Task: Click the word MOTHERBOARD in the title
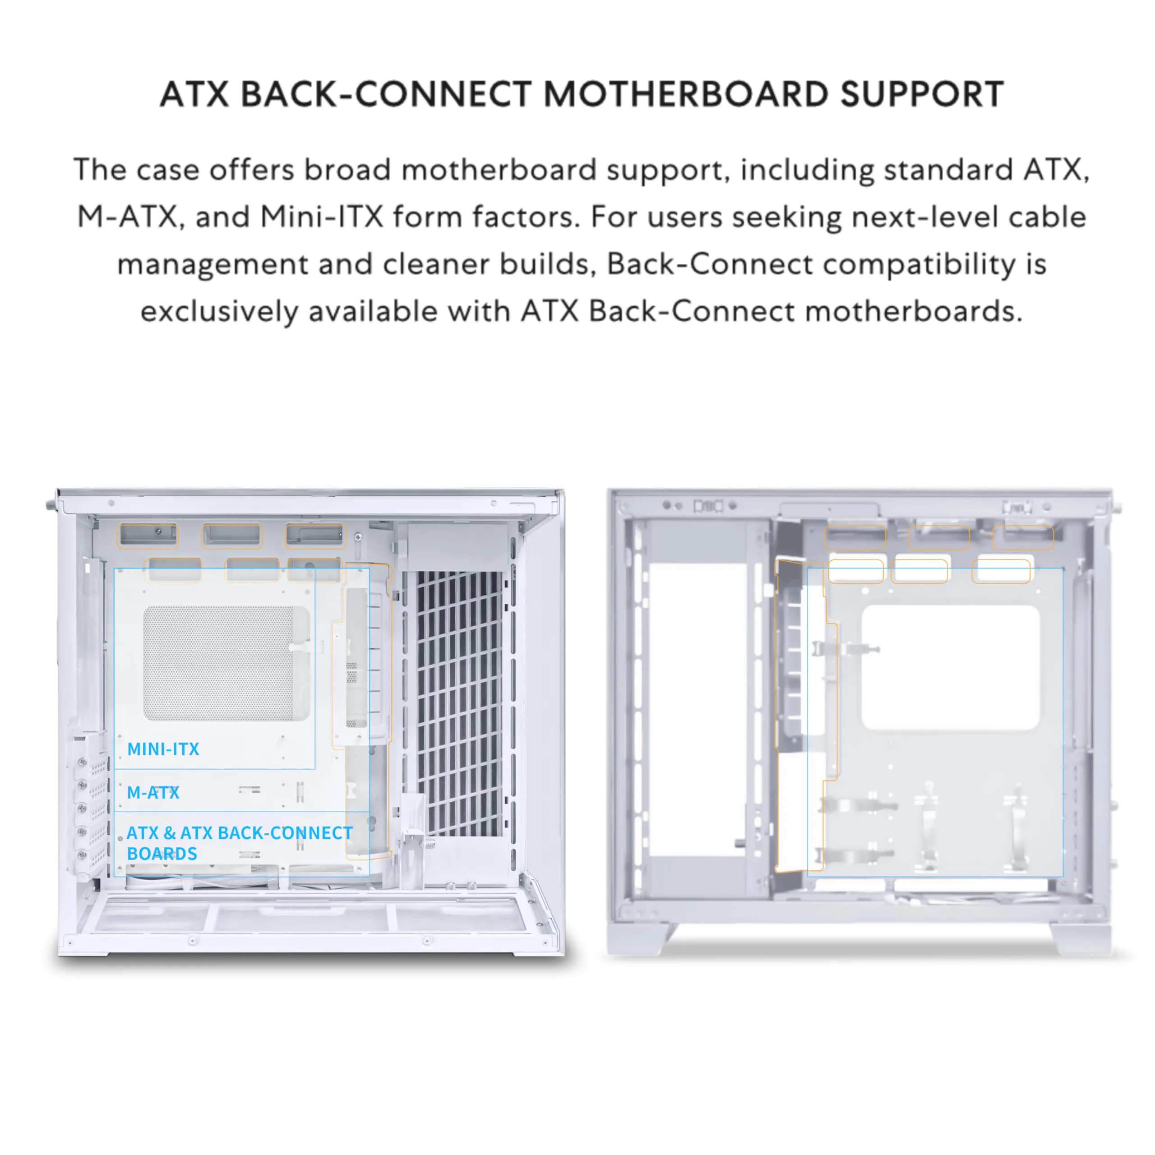click(685, 94)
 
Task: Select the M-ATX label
click(153, 793)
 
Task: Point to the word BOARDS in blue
click(162, 854)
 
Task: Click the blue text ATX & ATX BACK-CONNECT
click(240, 833)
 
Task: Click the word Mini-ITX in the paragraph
click(322, 217)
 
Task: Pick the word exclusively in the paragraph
click(219, 311)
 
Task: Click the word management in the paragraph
click(212, 263)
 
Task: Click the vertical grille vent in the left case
click(458, 702)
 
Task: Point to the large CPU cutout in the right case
click(950, 666)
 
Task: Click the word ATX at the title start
click(194, 94)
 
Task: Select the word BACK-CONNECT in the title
click(386, 94)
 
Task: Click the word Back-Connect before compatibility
click(710, 263)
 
